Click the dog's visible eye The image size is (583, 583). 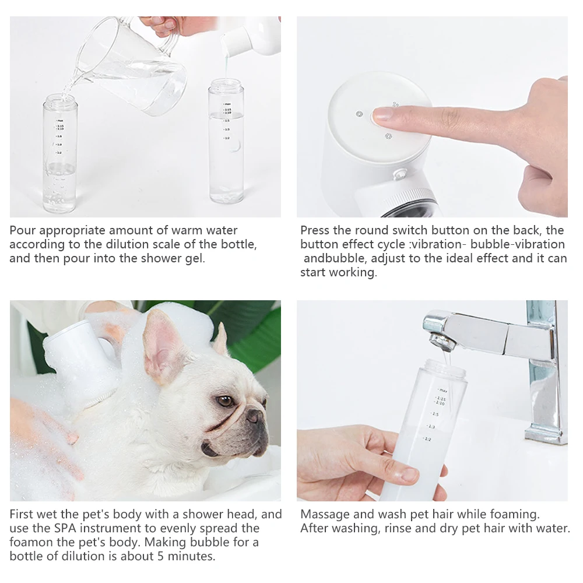(x=225, y=401)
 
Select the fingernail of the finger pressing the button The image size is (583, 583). (x=381, y=114)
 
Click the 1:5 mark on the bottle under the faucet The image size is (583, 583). (x=435, y=414)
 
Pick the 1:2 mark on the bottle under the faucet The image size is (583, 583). (x=427, y=439)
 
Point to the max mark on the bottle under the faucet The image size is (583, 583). (x=442, y=390)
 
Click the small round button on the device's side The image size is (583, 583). (x=401, y=174)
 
